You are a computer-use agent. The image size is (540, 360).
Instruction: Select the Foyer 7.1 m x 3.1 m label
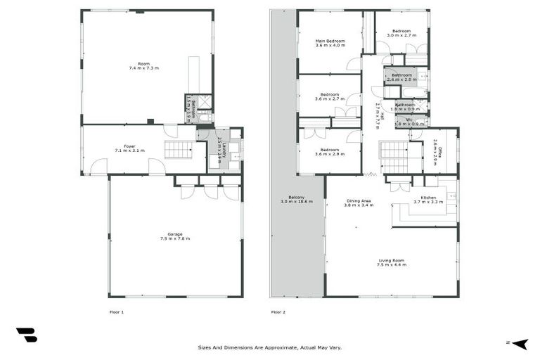click(x=129, y=149)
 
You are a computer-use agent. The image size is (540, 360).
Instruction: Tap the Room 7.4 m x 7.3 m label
click(x=144, y=66)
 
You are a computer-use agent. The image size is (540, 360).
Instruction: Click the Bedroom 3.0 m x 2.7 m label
click(x=401, y=33)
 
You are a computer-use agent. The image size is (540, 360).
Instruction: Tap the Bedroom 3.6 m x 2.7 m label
click(x=330, y=97)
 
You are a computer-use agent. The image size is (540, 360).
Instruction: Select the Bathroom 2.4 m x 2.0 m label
click(x=401, y=77)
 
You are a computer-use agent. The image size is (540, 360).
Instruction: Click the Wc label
click(x=408, y=122)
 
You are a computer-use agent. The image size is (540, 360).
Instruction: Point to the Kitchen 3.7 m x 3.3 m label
click(x=427, y=200)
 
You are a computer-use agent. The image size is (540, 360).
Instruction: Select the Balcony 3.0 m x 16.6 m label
click(x=296, y=200)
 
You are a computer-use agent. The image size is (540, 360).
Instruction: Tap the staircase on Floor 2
click(x=394, y=156)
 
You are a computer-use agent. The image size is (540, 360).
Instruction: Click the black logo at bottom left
click(x=26, y=335)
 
